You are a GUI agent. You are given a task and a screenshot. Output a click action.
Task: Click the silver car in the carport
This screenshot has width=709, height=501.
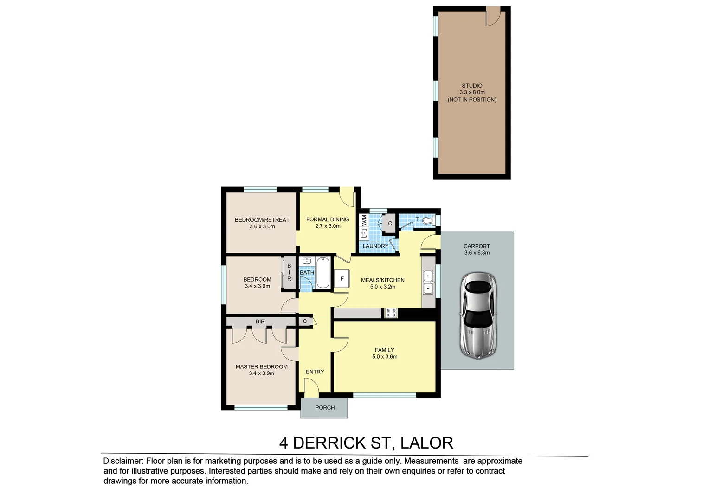[478, 315]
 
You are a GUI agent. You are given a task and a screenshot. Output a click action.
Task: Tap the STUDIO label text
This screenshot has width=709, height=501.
[472, 86]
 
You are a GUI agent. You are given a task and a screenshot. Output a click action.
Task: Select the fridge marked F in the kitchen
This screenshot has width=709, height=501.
[342, 279]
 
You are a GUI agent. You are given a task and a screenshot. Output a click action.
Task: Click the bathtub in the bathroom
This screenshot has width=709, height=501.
[323, 273]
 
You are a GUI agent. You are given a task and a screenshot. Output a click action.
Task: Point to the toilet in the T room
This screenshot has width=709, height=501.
[431, 220]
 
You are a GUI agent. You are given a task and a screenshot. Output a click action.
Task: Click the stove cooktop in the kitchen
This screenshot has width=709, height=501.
[391, 313]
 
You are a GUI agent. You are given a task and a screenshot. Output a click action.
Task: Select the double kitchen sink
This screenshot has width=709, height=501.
[428, 283]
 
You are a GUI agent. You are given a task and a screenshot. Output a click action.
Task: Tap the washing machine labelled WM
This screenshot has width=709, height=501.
[364, 220]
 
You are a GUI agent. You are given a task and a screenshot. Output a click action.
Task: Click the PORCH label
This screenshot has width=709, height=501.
[325, 408]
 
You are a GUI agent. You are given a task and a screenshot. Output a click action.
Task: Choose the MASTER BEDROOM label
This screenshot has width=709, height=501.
[261, 366]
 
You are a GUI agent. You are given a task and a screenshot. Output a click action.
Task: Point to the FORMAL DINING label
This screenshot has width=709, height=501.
[328, 219]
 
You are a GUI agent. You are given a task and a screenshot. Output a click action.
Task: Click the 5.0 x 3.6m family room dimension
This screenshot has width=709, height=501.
[385, 357]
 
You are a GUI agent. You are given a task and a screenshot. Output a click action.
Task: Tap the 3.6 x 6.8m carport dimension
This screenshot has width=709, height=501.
[477, 253]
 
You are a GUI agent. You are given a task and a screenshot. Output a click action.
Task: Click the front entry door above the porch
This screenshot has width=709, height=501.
[310, 388]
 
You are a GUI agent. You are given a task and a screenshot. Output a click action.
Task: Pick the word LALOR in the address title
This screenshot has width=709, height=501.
[426, 443]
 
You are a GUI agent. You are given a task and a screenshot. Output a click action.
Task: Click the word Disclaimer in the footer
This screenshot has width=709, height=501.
[123, 461]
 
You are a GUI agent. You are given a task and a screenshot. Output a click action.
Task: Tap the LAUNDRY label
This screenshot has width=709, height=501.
[375, 246]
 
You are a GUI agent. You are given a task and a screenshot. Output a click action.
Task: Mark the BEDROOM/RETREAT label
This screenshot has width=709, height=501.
[262, 220]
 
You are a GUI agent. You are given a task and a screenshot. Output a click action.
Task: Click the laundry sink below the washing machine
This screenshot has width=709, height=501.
[364, 233]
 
